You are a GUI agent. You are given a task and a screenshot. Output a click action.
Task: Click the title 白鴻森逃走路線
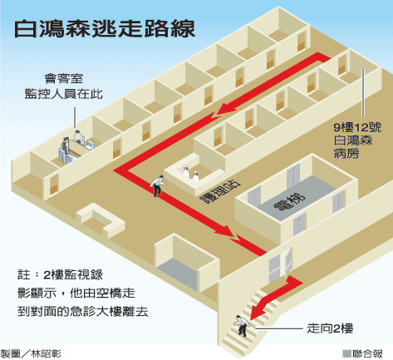[x=105, y=28]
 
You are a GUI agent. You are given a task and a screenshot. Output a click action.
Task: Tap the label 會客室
[x=64, y=79]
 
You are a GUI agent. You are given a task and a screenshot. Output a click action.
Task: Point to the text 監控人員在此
[x=64, y=94]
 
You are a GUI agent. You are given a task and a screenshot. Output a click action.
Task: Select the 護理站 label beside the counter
[x=221, y=191]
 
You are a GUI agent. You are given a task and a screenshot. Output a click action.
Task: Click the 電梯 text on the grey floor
[x=290, y=201]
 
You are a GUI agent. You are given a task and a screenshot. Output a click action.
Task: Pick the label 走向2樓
[x=330, y=328]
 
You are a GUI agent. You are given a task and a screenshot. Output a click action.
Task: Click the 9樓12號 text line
[x=357, y=127]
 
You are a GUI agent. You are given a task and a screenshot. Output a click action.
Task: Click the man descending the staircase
[x=241, y=326]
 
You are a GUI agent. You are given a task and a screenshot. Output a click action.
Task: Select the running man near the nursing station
[x=158, y=185]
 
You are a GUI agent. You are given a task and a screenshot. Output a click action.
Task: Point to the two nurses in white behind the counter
[x=190, y=173]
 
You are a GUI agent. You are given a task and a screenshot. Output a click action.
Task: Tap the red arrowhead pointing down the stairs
[x=259, y=308]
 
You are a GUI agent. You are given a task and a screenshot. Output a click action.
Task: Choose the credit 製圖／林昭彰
[x=31, y=354]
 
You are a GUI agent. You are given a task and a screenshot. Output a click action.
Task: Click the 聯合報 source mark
[x=363, y=354]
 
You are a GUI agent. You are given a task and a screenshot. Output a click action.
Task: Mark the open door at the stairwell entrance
[x=288, y=262]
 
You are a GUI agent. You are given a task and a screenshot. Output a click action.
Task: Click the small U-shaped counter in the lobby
[x=101, y=220]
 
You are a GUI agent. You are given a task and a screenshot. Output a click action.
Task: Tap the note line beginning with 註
[x=60, y=275]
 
